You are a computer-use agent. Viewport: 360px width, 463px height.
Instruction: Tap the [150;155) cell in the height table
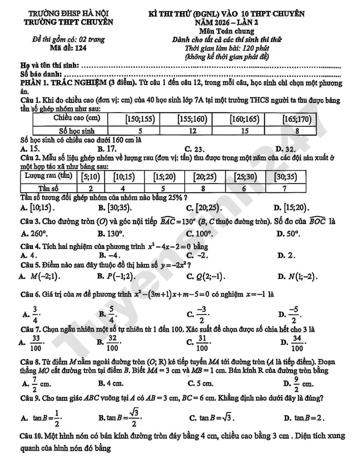[x=140, y=120]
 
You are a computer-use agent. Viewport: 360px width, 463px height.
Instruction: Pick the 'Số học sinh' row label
[x=71, y=131]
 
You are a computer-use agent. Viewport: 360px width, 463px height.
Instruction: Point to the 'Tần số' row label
[x=46, y=188]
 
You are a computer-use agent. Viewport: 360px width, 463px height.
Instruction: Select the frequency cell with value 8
[x=204, y=188]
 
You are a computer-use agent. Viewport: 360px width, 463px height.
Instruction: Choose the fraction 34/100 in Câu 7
[x=295, y=342]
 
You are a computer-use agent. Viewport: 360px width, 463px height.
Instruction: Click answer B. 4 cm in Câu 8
[x=111, y=383]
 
